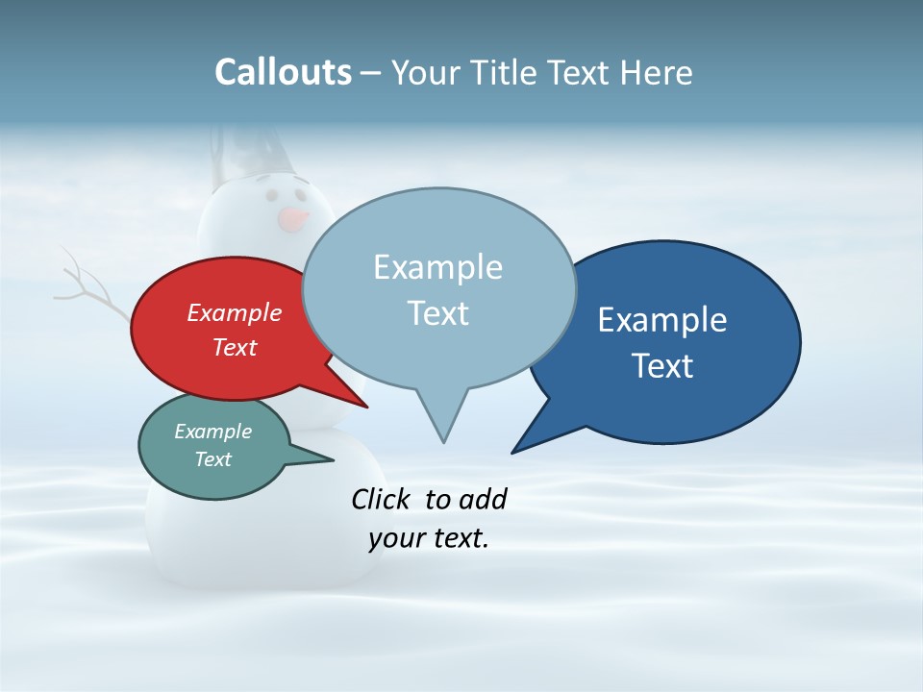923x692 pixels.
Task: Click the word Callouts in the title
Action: click(x=283, y=72)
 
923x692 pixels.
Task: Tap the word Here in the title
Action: click(x=657, y=72)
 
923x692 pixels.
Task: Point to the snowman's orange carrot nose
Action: click(x=292, y=219)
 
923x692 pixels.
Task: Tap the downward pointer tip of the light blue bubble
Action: click(x=443, y=439)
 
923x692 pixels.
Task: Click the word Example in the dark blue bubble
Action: click(x=662, y=319)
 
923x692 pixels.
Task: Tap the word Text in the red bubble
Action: click(x=235, y=347)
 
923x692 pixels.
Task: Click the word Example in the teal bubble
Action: click(x=212, y=432)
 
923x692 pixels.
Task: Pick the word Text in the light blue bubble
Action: click(x=438, y=312)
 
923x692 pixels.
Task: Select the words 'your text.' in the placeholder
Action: click(x=429, y=538)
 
